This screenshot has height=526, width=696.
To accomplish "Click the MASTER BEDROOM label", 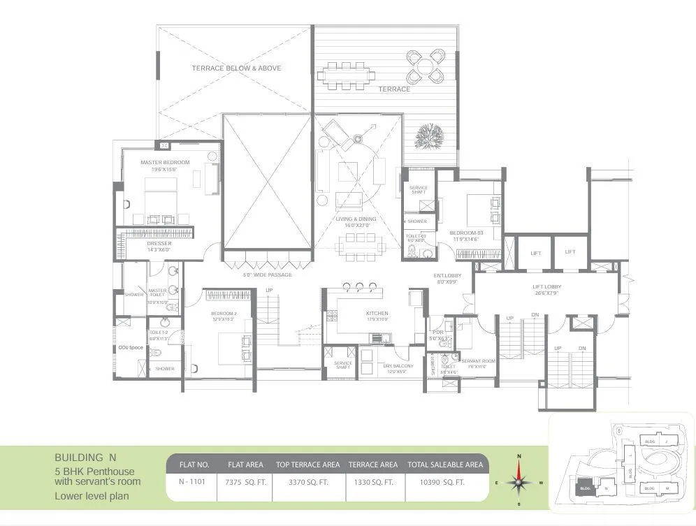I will click(164, 163).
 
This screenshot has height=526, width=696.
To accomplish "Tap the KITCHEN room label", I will click(377, 314).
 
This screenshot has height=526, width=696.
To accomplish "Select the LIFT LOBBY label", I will click(547, 287).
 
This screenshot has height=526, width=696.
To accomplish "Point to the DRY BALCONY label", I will click(398, 366).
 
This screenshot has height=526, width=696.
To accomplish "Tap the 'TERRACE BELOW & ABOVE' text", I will click(236, 68).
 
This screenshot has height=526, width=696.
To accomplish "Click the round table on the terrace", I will click(425, 64).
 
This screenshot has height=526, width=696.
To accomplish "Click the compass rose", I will click(519, 481).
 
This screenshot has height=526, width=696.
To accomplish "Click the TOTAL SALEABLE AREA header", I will click(446, 465).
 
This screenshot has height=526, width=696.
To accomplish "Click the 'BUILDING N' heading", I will click(85, 458).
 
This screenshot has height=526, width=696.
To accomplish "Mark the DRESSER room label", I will click(159, 244).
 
